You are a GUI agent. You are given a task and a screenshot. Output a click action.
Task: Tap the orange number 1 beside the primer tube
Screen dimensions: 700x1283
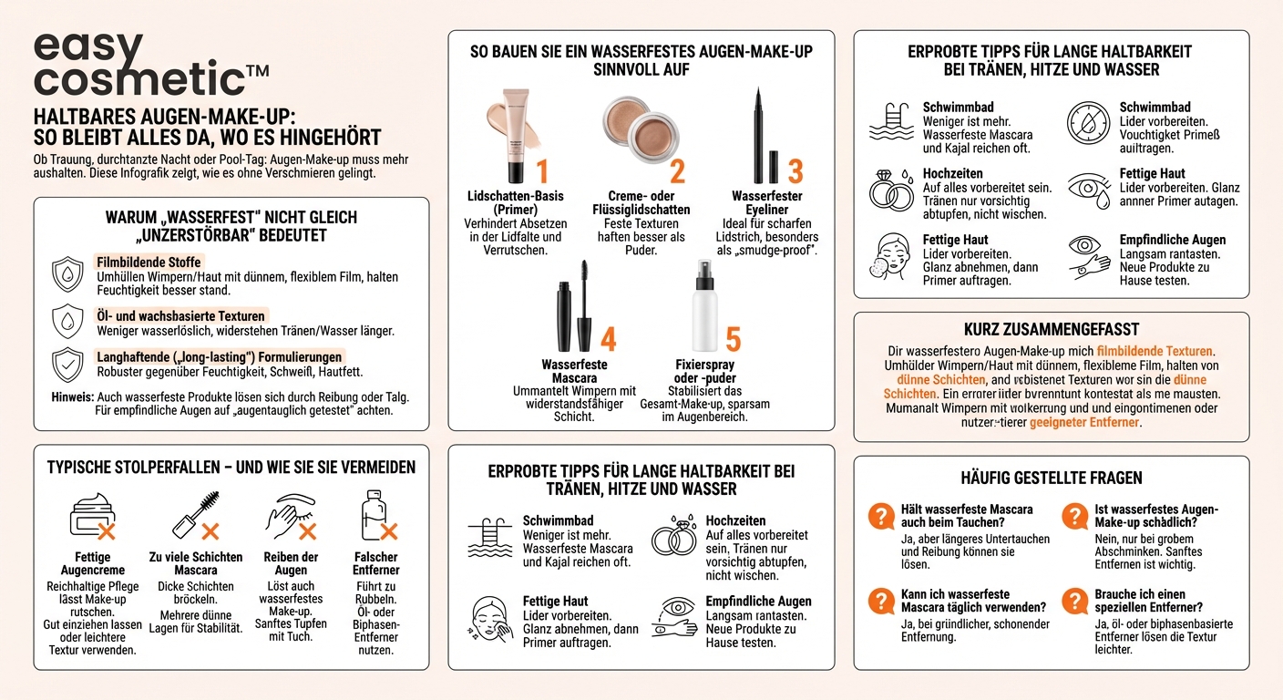pos(541,171)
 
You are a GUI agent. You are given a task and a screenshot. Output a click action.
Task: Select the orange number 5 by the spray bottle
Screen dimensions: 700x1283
pos(733,339)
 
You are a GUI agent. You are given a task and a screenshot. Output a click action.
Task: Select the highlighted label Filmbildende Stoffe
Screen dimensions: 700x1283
pos(149,262)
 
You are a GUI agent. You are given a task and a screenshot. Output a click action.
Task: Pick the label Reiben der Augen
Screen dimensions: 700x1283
pos(291,563)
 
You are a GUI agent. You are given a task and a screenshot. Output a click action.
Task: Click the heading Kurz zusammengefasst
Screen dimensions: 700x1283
pos(1051,329)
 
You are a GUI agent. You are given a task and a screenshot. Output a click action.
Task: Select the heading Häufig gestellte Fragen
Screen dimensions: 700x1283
pos(1051,478)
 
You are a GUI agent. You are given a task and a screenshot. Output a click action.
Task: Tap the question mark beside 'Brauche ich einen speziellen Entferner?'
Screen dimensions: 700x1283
pos(1077,601)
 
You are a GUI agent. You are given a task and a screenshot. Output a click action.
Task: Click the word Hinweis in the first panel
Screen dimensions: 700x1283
pos(73,397)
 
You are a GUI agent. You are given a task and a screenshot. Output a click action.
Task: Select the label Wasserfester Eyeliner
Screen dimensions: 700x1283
pos(766,202)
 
